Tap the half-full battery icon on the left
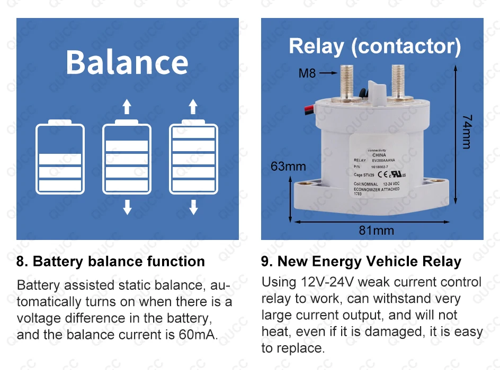point(60,158)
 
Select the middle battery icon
point(127,158)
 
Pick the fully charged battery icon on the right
point(193,158)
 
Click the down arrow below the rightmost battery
point(193,207)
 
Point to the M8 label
point(307,73)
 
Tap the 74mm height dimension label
point(467,132)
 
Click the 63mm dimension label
point(288,166)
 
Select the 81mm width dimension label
point(377,230)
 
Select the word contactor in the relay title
point(406,47)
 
